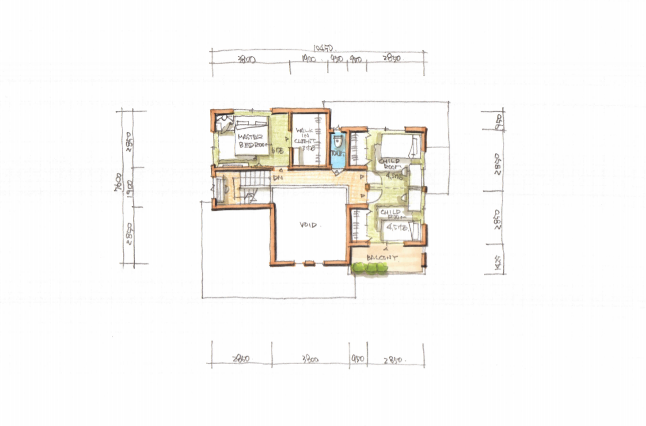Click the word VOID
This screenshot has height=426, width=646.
[308, 225]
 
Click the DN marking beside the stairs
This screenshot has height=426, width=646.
[278, 179]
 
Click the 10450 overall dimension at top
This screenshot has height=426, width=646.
[322, 48]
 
